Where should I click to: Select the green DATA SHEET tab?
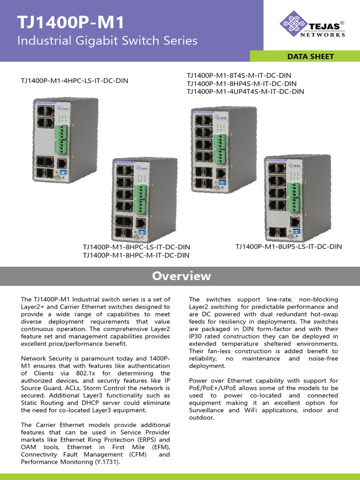[311, 56]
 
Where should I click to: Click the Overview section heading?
[181, 276]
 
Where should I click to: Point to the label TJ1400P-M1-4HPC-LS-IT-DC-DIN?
[75, 81]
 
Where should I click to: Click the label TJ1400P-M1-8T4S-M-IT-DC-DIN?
[239, 75]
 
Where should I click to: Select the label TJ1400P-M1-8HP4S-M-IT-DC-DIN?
[241, 83]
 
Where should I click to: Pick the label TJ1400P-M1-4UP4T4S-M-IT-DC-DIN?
[245, 91]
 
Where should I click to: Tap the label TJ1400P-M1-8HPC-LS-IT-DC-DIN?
[136, 247]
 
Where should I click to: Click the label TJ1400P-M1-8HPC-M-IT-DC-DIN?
[136, 255]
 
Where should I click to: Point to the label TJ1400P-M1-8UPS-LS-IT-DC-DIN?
[288, 246]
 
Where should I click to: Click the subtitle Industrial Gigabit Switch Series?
[107, 41]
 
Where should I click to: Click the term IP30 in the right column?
[197, 336]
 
